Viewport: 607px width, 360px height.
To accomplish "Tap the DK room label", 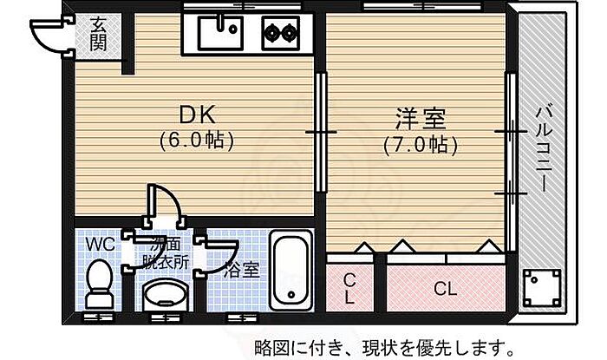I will pos(197,115).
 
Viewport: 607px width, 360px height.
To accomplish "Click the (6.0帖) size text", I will pos(197,138).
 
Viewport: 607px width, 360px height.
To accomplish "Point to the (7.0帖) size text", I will pos(420,144).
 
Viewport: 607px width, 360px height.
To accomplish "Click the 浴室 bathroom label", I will pos(241,270).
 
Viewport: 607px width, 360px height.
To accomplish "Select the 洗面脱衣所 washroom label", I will pos(165,252).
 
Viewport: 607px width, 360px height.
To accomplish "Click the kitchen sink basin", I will pos(222,32).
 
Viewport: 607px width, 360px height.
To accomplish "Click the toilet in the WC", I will pos(100,283).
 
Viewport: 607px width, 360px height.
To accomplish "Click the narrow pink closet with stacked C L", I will pos(349,287).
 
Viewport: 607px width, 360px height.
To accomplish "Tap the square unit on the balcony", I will pos(541,287).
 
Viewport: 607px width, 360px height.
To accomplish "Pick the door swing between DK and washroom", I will pos(166,209).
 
